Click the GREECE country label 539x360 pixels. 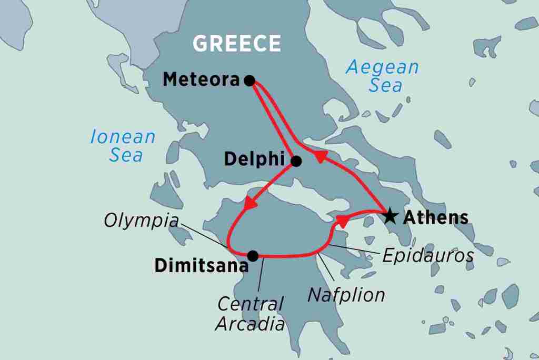click(236, 44)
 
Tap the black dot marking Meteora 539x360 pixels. click(250, 81)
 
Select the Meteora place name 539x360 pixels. click(202, 80)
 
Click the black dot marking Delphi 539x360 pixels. click(296, 161)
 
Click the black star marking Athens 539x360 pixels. click(390, 216)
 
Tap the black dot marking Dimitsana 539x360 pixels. click(253, 256)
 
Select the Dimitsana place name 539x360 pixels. click(201, 266)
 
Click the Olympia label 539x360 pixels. click(141, 221)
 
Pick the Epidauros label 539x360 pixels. click(428, 256)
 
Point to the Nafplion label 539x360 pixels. click(346, 295)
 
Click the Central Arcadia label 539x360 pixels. click(251, 313)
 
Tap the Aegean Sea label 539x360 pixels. click(382, 76)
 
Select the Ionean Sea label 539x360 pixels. click(123, 146)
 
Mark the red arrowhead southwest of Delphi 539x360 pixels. click(251, 203)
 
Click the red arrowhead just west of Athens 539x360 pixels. click(343, 221)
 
